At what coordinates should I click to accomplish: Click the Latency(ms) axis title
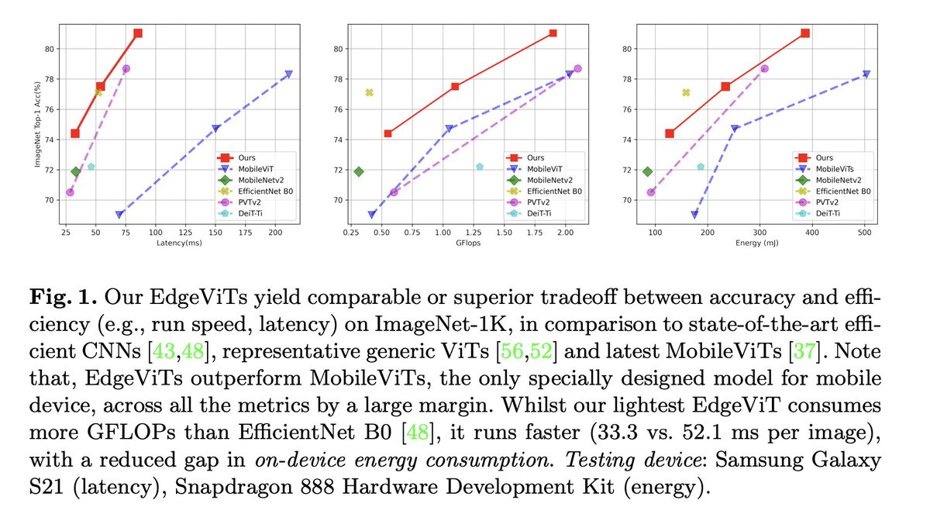point(179,243)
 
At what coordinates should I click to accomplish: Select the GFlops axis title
point(468,243)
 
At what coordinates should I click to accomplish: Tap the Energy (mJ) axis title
point(757,243)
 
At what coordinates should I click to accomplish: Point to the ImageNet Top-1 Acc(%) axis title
point(37,124)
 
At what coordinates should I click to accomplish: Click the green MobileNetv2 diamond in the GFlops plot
point(359,171)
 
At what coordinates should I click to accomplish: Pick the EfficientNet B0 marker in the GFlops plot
point(369,92)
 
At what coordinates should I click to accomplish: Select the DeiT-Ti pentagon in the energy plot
point(701,167)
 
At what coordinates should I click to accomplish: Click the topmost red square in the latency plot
point(138,33)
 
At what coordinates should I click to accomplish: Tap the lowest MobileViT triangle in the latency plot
point(119,215)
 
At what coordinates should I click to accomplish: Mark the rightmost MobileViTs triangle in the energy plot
point(866,74)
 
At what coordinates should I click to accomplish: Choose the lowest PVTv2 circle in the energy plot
point(651,192)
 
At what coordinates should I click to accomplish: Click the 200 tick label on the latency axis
point(275,233)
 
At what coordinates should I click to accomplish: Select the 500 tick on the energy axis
point(864,233)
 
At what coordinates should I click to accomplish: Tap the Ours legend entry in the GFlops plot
point(525,158)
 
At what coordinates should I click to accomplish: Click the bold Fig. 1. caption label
point(63,297)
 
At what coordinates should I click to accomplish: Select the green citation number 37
point(804,351)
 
